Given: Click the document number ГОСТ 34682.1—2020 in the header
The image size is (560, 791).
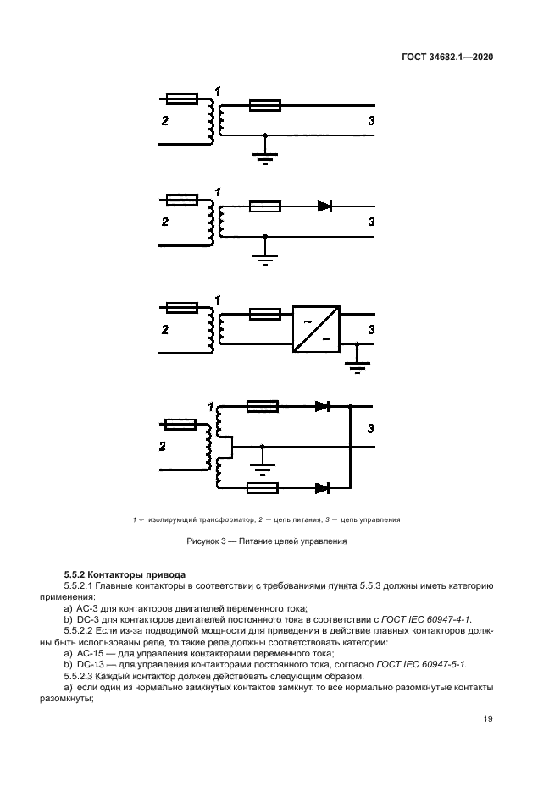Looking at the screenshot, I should coord(447,58).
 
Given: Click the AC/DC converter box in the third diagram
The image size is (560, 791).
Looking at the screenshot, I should coord(316,327).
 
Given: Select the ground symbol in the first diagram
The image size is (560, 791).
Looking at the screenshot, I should coord(266,154).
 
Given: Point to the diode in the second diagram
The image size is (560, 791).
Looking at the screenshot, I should coord(324,206).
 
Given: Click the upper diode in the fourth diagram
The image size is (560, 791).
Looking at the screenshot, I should coord(322,407).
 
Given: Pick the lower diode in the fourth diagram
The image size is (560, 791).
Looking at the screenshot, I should coord(322,487).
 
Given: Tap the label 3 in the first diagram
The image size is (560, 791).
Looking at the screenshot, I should coord(371,120).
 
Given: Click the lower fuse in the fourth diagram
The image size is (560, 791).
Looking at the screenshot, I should coord(263,487).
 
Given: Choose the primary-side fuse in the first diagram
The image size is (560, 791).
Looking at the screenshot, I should coord(182,99).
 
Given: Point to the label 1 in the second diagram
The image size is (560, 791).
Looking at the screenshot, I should coord(218,193).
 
